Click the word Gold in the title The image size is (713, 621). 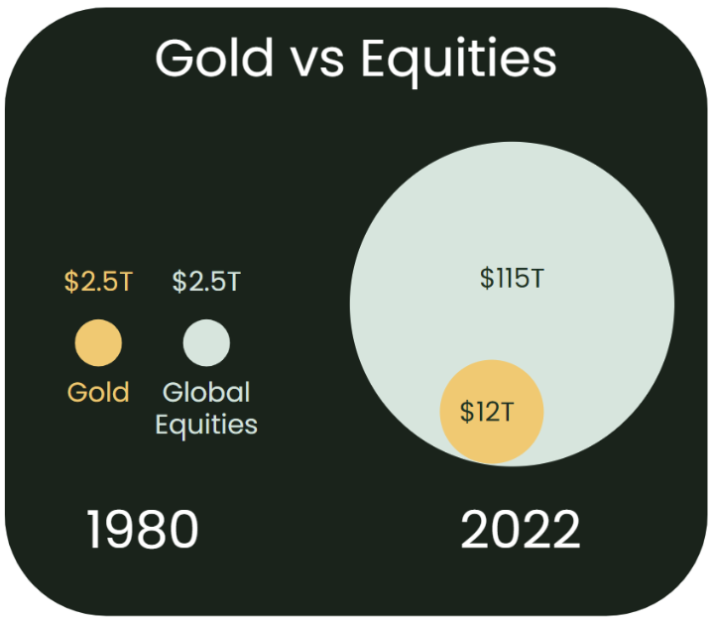(x=214, y=58)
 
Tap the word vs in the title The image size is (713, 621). (x=317, y=62)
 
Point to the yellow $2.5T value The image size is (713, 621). (x=98, y=281)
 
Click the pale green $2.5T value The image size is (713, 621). (x=206, y=281)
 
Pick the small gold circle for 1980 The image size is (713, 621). (x=98, y=342)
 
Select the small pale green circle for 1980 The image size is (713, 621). (x=206, y=342)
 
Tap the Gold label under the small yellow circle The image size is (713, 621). (x=98, y=392)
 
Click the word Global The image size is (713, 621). (x=206, y=392)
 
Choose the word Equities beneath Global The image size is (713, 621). (x=206, y=426)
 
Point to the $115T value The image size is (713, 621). (x=512, y=278)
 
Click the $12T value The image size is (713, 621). (x=487, y=412)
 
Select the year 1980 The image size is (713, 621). (x=143, y=529)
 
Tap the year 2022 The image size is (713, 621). (x=521, y=529)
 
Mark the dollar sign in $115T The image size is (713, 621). (x=487, y=278)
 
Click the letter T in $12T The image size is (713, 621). (x=507, y=412)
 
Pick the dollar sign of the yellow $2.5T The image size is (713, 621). (x=71, y=281)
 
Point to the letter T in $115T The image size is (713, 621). (x=537, y=279)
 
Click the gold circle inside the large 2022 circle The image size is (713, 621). (x=492, y=412)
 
